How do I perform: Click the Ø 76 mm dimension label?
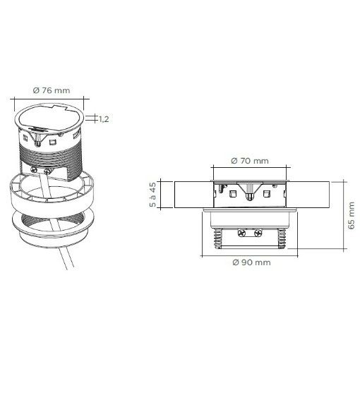pyautogui.click(x=52, y=90)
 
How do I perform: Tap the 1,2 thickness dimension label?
pyautogui.click(x=103, y=119)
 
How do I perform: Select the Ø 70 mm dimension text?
pyautogui.click(x=250, y=161)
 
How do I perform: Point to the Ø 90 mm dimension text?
pyautogui.click(x=251, y=262)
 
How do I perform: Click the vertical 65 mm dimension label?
pyautogui.click(x=352, y=216)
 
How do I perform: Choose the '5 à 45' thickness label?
pyautogui.click(x=152, y=195)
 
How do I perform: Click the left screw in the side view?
pyautogui.click(x=241, y=233)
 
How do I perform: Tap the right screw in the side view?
pyautogui.click(x=258, y=233)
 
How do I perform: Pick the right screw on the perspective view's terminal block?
pyautogui.click(x=47, y=172)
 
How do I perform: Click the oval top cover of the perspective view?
pyautogui.click(x=49, y=119)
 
